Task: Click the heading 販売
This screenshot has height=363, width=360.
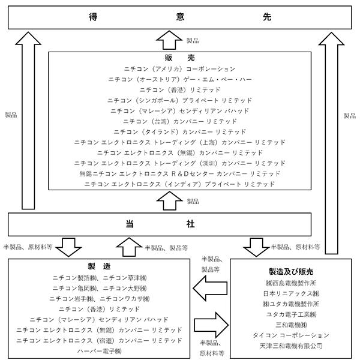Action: pyautogui.click(x=179, y=58)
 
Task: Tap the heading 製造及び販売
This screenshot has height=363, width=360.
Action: pyautogui.click(x=291, y=272)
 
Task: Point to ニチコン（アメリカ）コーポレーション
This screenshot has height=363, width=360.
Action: pyautogui.click(x=179, y=69)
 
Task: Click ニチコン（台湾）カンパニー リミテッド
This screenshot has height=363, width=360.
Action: pyautogui.click(x=179, y=121)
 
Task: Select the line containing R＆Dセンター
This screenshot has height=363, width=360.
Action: pyautogui.click(x=179, y=173)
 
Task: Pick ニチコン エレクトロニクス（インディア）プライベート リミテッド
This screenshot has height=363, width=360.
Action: pyautogui.click(x=179, y=184)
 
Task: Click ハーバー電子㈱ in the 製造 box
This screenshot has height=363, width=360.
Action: pyautogui.click(x=100, y=351)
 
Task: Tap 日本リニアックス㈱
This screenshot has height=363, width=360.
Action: pyautogui.click(x=291, y=293)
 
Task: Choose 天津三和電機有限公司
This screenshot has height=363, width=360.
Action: pyautogui.click(x=291, y=346)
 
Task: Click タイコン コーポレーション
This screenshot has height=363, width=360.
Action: pyautogui.click(x=291, y=335)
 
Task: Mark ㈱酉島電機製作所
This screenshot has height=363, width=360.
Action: pyautogui.click(x=291, y=283)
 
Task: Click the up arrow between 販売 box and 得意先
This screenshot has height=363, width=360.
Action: pyautogui.click(x=169, y=40)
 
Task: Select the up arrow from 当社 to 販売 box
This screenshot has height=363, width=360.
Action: pyautogui.click(x=169, y=201)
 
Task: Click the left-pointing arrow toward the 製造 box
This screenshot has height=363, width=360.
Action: pyautogui.click(x=210, y=288)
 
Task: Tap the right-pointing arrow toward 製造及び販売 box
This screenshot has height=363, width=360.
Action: pyautogui.click(x=211, y=325)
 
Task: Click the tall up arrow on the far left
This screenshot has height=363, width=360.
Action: pyautogui.click(x=28, y=121)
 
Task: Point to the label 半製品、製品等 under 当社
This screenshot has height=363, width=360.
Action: pyautogui.click(x=166, y=248)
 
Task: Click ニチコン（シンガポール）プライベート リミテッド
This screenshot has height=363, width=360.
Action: pyautogui.click(x=179, y=100)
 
